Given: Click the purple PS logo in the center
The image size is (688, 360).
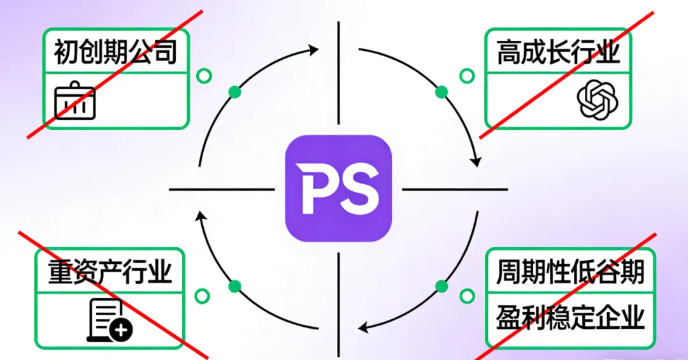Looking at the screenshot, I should tap(338, 189).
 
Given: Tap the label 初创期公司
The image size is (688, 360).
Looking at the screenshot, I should tap(115, 52).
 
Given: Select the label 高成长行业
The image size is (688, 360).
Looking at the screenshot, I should tap(558, 52).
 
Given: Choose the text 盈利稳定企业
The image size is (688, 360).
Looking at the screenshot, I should tap(570, 317).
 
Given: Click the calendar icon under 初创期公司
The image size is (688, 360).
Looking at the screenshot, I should tap(75, 101).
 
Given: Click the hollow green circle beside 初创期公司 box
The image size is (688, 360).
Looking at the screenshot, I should tap(204, 76).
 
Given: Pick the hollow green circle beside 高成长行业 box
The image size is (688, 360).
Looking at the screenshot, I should tap(467, 76).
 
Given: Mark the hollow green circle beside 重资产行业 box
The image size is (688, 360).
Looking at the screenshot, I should tap(203, 296).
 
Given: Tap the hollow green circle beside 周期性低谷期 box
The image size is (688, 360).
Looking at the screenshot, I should tap(467, 296).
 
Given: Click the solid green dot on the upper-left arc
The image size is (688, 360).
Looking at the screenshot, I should tap(235, 92).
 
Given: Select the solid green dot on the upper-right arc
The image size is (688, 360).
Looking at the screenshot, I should tap(441, 92).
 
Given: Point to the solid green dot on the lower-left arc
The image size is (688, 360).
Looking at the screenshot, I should tap(235, 285).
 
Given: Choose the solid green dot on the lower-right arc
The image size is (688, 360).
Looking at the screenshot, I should tap(441, 285).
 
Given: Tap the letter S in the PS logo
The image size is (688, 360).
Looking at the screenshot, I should tap(360, 189).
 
